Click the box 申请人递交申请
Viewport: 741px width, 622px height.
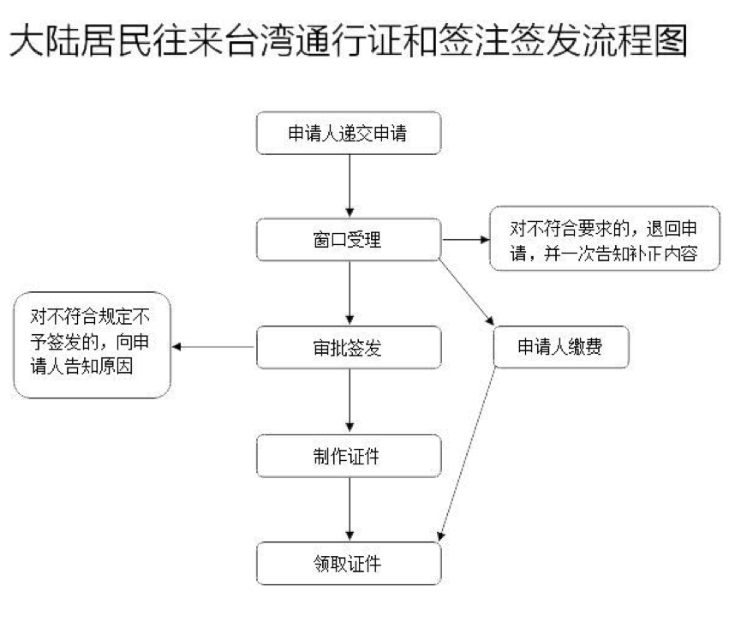pyautogui.click(x=350, y=135)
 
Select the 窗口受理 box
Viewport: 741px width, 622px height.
pyautogui.click(x=350, y=240)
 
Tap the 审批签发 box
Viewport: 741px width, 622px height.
pyautogui.click(x=350, y=348)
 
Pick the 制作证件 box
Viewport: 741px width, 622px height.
pyautogui.click(x=350, y=456)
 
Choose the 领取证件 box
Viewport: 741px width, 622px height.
pyautogui.click(x=350, y=563)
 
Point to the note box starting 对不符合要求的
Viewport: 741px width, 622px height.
pyautogui.click(x=603, y=240)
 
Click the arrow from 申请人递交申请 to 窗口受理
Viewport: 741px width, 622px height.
pyautogui.click(x=350, y=187)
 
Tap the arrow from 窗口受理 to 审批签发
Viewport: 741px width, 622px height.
pyautogui.click(x=350, y=294)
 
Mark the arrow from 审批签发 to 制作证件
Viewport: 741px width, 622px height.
pyautogui.click(x=350, y=402)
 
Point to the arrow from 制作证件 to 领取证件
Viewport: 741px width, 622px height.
pyautogui.click(x=350, y=509)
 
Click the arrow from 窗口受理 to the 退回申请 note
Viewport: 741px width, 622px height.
pyautogui.click(x=463, y=240)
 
